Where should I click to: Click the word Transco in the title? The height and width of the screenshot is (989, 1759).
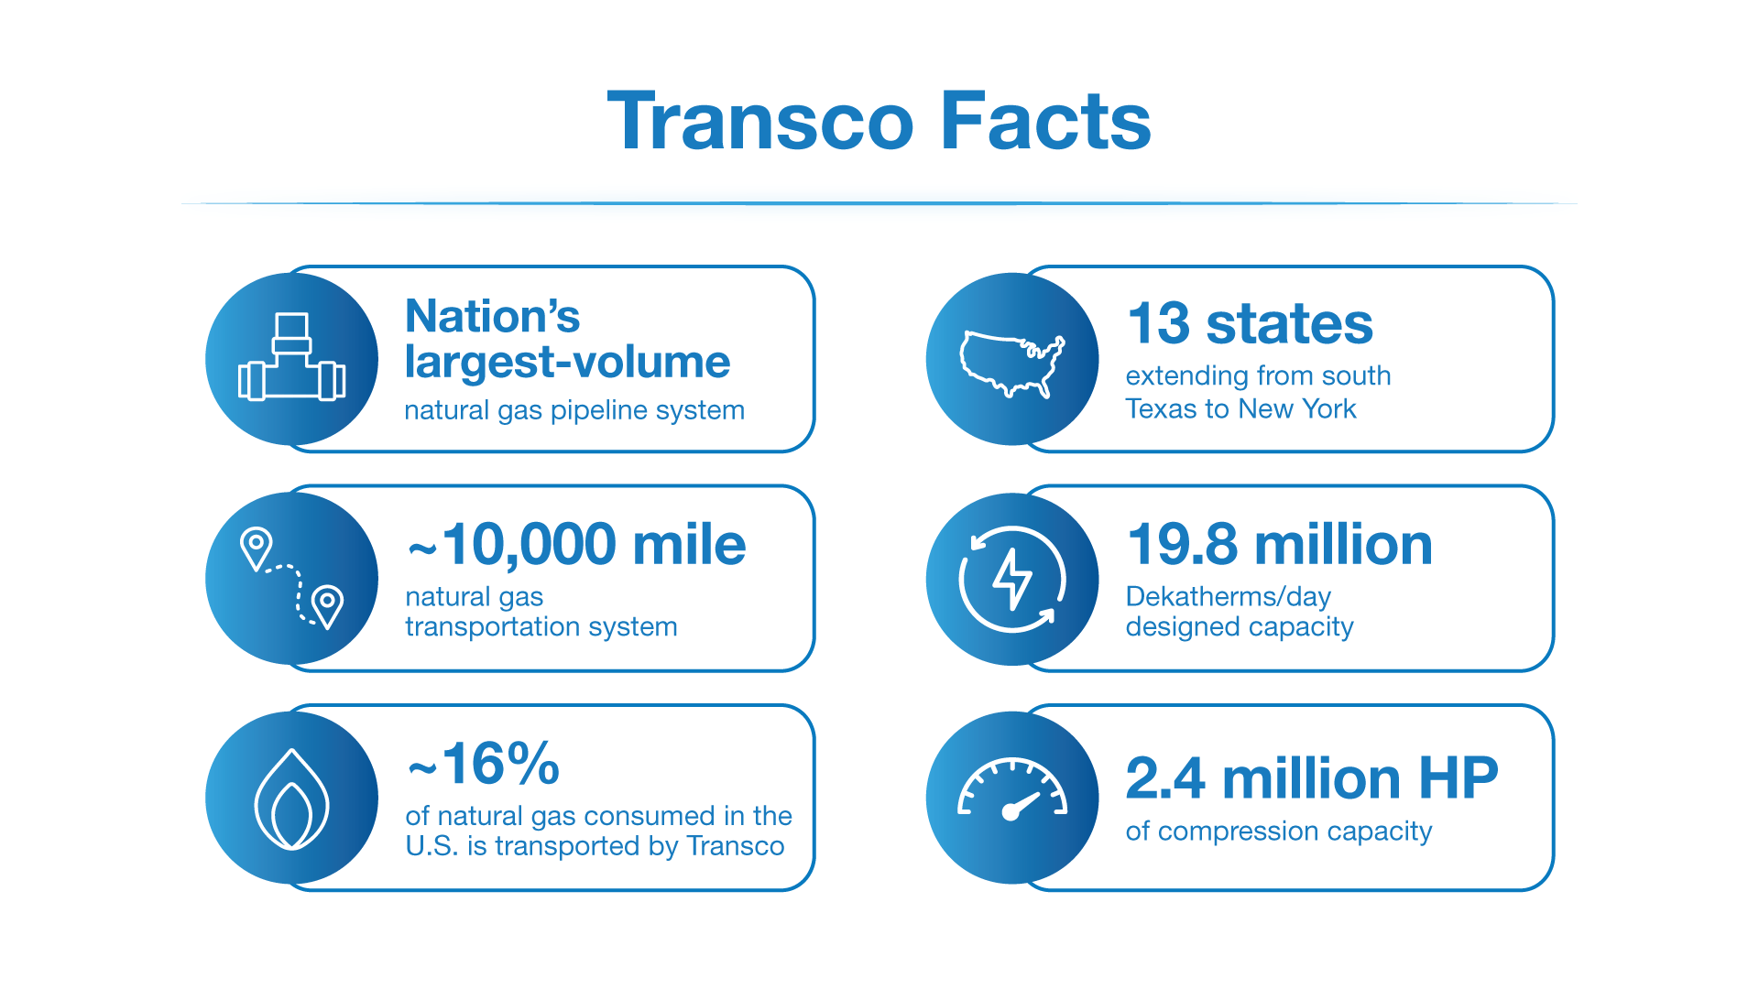(760, 122)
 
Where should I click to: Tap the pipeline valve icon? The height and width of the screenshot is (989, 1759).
(291, 360)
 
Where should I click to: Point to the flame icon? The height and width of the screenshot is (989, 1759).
(291, 800)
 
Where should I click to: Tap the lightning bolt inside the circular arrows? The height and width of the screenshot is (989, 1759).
(1012, 579)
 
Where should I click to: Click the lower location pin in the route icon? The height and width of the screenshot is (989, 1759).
(327, 604)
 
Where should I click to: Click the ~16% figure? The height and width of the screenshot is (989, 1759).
(484, 764)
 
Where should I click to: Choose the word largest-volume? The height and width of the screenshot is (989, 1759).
(567, 363)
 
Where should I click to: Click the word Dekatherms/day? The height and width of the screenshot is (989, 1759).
(1228, 596)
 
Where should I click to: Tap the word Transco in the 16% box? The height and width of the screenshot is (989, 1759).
(735, 845)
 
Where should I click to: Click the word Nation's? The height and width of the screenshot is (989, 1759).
(492, 317)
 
